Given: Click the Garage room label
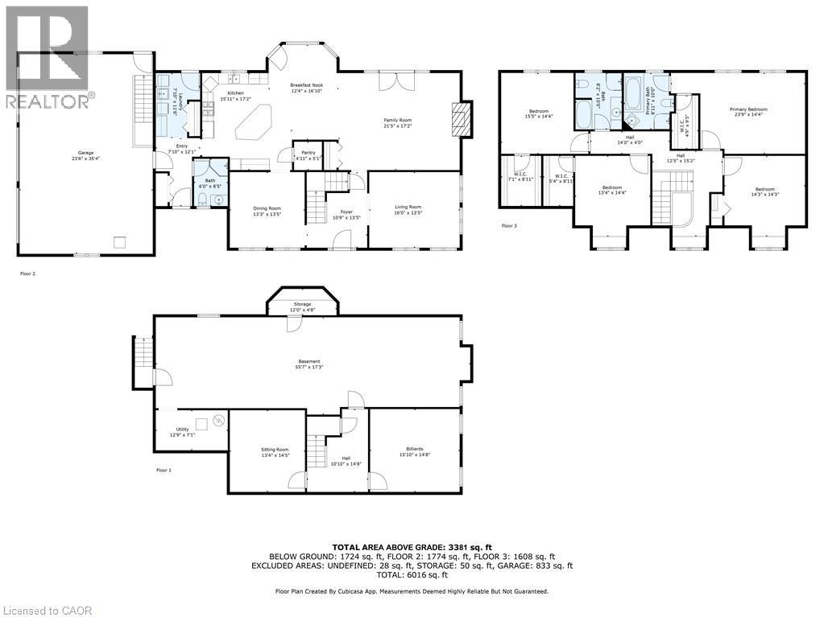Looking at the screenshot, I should pos(85,154).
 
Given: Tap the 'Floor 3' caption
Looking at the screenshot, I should pos(509,226).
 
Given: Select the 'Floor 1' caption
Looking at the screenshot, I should pos(164,470).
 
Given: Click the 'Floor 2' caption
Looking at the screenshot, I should pos(28,274).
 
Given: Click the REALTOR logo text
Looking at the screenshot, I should pos(48,101).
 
